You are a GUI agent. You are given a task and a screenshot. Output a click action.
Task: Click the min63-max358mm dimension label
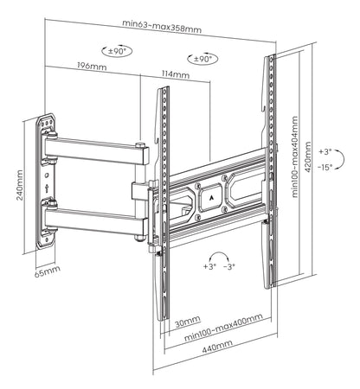pos(162,26)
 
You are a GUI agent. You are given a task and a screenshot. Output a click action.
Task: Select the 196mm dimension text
pos(92,66)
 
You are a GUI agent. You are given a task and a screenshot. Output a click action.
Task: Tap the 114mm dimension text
pos(176,74)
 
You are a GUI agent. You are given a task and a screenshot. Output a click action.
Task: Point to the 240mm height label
pos(20,185)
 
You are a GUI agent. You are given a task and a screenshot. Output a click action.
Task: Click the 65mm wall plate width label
pos(48,271)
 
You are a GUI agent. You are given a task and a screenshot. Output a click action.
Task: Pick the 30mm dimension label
pos(188,322)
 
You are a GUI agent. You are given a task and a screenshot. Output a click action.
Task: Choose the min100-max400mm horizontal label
pos(223,327)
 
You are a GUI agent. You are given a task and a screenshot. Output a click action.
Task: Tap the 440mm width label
pos(217,346)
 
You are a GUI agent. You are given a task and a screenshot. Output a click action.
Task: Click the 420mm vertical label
pos(308,157)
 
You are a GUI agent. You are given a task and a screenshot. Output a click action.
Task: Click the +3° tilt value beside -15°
pos(325,151)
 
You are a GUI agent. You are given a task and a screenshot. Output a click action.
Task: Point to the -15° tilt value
pos(325,167)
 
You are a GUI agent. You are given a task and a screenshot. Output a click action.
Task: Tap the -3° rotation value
pos(229,266)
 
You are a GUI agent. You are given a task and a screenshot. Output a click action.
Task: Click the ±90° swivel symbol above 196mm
pos(117,51)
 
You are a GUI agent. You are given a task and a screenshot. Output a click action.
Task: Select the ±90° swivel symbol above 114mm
pos(202,59)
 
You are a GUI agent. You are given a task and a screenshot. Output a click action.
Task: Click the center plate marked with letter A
pos(211,198)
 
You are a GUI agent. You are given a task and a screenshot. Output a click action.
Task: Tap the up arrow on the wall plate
pos(47,188)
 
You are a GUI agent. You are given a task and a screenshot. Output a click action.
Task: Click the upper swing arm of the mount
pos(97,150)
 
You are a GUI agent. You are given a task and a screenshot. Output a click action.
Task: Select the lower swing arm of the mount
pos(96,220)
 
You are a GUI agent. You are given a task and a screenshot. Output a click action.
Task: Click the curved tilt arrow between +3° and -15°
pos(344,159)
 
